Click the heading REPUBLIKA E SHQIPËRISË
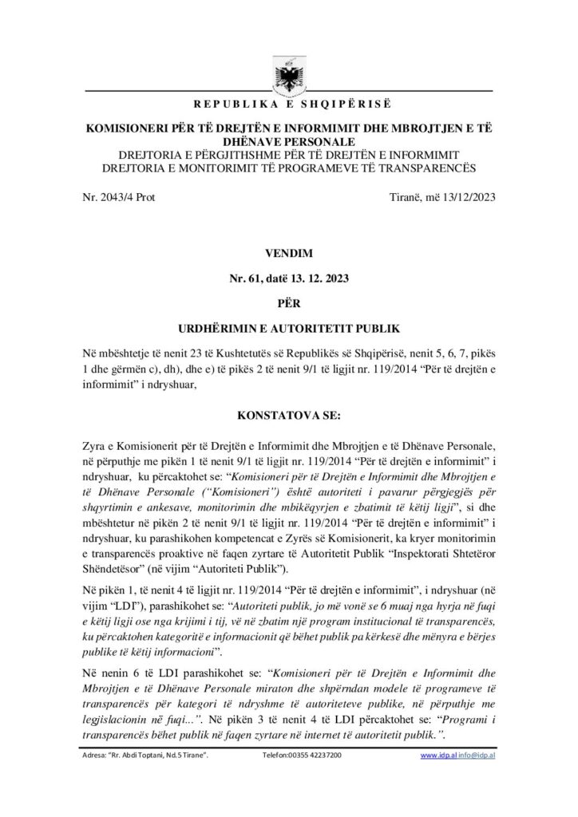pyautogui.click(x=288, y=105)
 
